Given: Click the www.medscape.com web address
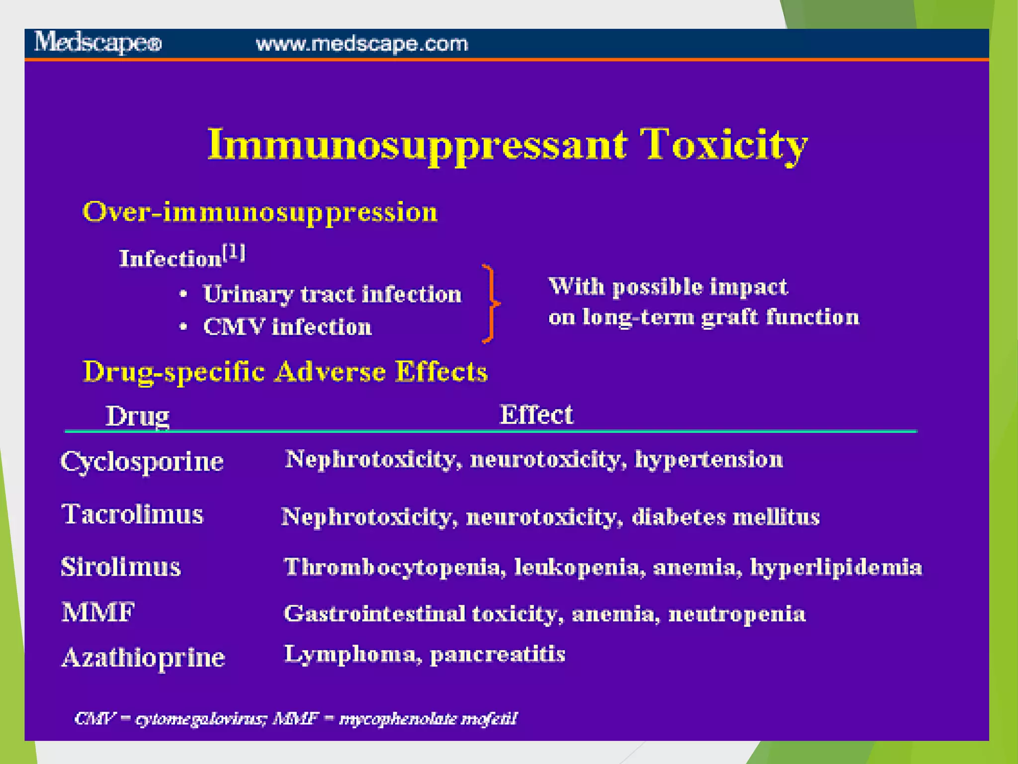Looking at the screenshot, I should [361, 44].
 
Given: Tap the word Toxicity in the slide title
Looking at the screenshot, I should [723, 145].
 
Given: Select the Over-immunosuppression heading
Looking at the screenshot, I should [260, 212].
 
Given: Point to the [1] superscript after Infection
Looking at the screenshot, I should [234, 253].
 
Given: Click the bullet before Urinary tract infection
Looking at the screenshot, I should [183, 294].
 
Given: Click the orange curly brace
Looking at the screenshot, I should [490, 303].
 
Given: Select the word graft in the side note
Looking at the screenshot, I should [729, 317].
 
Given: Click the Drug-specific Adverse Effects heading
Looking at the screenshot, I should [285, 372].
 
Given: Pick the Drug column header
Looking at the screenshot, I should [137, 416].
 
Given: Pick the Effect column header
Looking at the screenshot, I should [536, 414].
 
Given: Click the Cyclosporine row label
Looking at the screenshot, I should [142, 462].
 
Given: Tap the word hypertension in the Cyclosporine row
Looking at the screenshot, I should [709, 460].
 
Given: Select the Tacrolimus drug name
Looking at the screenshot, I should [132, 514].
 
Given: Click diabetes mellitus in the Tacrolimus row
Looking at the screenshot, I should [725, 517].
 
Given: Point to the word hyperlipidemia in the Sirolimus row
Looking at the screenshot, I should [836, 568].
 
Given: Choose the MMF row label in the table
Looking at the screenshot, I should [98, 612].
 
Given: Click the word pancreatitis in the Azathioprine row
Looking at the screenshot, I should [497, 655].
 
